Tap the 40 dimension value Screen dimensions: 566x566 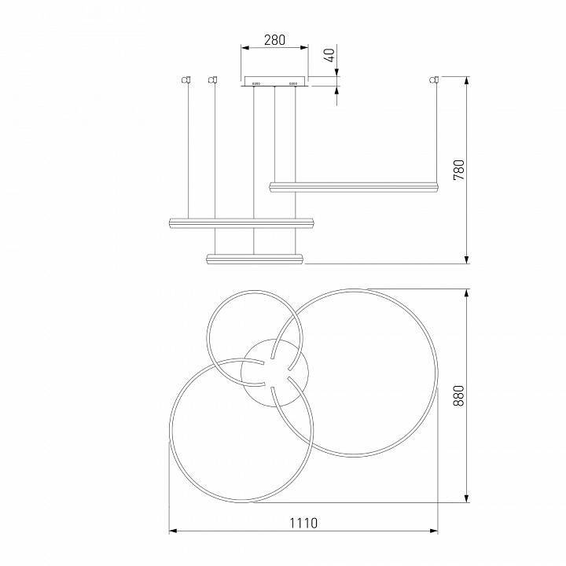pyautogui.click(x=330, y=56)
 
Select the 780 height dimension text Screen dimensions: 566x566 pyautogui.click(x=459, y=170)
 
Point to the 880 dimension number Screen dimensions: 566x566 pyautogui.click(x=459, y=395)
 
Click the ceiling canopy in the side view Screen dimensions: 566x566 pyautogui.click(x=274, y=81)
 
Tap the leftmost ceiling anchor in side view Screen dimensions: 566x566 pyautogui.click(x=187, y=79)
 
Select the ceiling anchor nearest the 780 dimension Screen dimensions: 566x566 pyautogui.click(x=433, y=79)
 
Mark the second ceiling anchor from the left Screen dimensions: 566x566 pyautogui.click(x=211, y=79)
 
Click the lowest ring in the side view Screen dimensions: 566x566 pyautogui.click(x=254, y=258)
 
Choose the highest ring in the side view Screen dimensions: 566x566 pyautogui.click(x=353, y=186)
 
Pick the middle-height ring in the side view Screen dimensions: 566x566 pyautogui.click(x=241, y=222)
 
